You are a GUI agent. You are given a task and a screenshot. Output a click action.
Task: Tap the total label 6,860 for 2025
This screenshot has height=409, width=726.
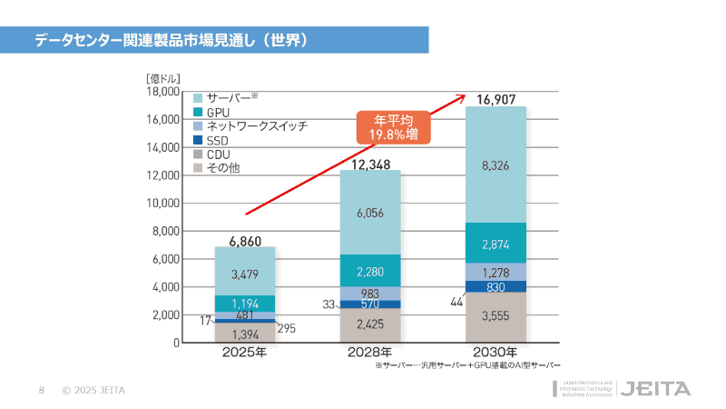pyautogui.click(x=245, y=239)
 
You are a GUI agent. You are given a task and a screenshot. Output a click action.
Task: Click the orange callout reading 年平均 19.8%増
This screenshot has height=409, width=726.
pyautogui.click(x=393, y=127)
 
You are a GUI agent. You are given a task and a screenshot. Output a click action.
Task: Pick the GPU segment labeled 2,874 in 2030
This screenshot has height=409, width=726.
pyautogui.click(x=495, y=244)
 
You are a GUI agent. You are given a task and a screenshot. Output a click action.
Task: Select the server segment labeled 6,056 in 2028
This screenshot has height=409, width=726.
pyautogui.click(x=370, y=213)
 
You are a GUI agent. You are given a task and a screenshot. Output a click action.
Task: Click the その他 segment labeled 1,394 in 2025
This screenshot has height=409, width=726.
pyautogui.click(x=245, y=334)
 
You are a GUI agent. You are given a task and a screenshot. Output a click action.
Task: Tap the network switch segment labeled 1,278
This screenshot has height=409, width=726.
pyautogui.click(x=495, y=272)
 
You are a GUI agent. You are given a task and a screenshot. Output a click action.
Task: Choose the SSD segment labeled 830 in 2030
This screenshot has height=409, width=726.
pyautogui.click(x=495, y=286)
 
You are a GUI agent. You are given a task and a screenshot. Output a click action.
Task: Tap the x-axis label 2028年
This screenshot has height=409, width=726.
pyautogui.click(x=370, y=353)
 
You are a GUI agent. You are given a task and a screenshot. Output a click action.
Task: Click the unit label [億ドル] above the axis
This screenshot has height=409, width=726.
pyautogui.click(x=164, y=78)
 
